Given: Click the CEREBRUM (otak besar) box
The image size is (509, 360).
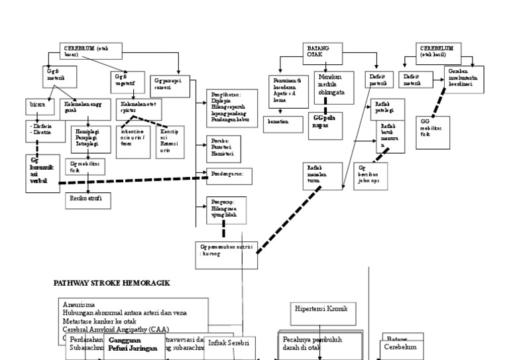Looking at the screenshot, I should (x=86, y=51).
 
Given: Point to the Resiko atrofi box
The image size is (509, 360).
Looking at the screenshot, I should (x=86, y=198).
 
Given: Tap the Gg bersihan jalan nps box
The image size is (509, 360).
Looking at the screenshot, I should (x=369, y=174).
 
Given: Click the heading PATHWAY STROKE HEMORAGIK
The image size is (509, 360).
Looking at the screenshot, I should (x=111, y=282).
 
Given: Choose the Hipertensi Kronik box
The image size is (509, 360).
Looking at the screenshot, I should (x=323, y=309).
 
